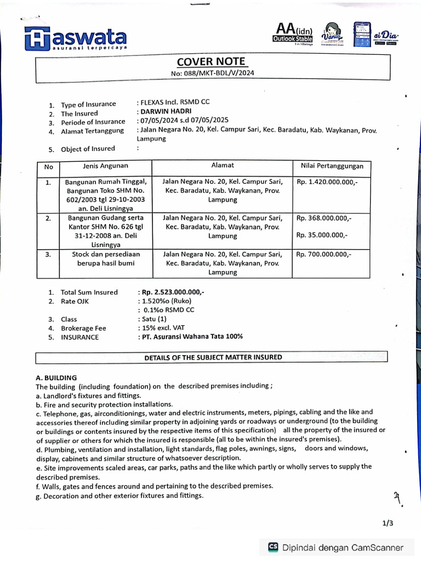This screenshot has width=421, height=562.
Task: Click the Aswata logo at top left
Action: (76, 38)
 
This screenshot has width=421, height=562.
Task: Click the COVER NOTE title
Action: (211, 61)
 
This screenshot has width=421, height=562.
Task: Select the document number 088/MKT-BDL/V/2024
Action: (212, 73)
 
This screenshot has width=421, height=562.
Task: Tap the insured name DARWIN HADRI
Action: (162, 111)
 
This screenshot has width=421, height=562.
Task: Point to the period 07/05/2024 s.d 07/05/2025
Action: (185, 120)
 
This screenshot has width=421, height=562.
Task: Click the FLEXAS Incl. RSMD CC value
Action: (174, 102)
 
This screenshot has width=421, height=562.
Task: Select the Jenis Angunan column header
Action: (105, 166)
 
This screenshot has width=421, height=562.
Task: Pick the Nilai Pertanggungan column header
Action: (332, 166)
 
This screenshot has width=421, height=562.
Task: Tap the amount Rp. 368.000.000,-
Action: (324, 218)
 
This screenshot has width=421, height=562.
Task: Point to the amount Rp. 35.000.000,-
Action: (322, 235)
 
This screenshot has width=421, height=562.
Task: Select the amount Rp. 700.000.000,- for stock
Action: (324, 254)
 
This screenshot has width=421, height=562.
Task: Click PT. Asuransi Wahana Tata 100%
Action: (191, 336)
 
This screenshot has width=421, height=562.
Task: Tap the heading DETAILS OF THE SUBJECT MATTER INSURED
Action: (213, 357)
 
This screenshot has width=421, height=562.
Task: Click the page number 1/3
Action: (388, 524)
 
